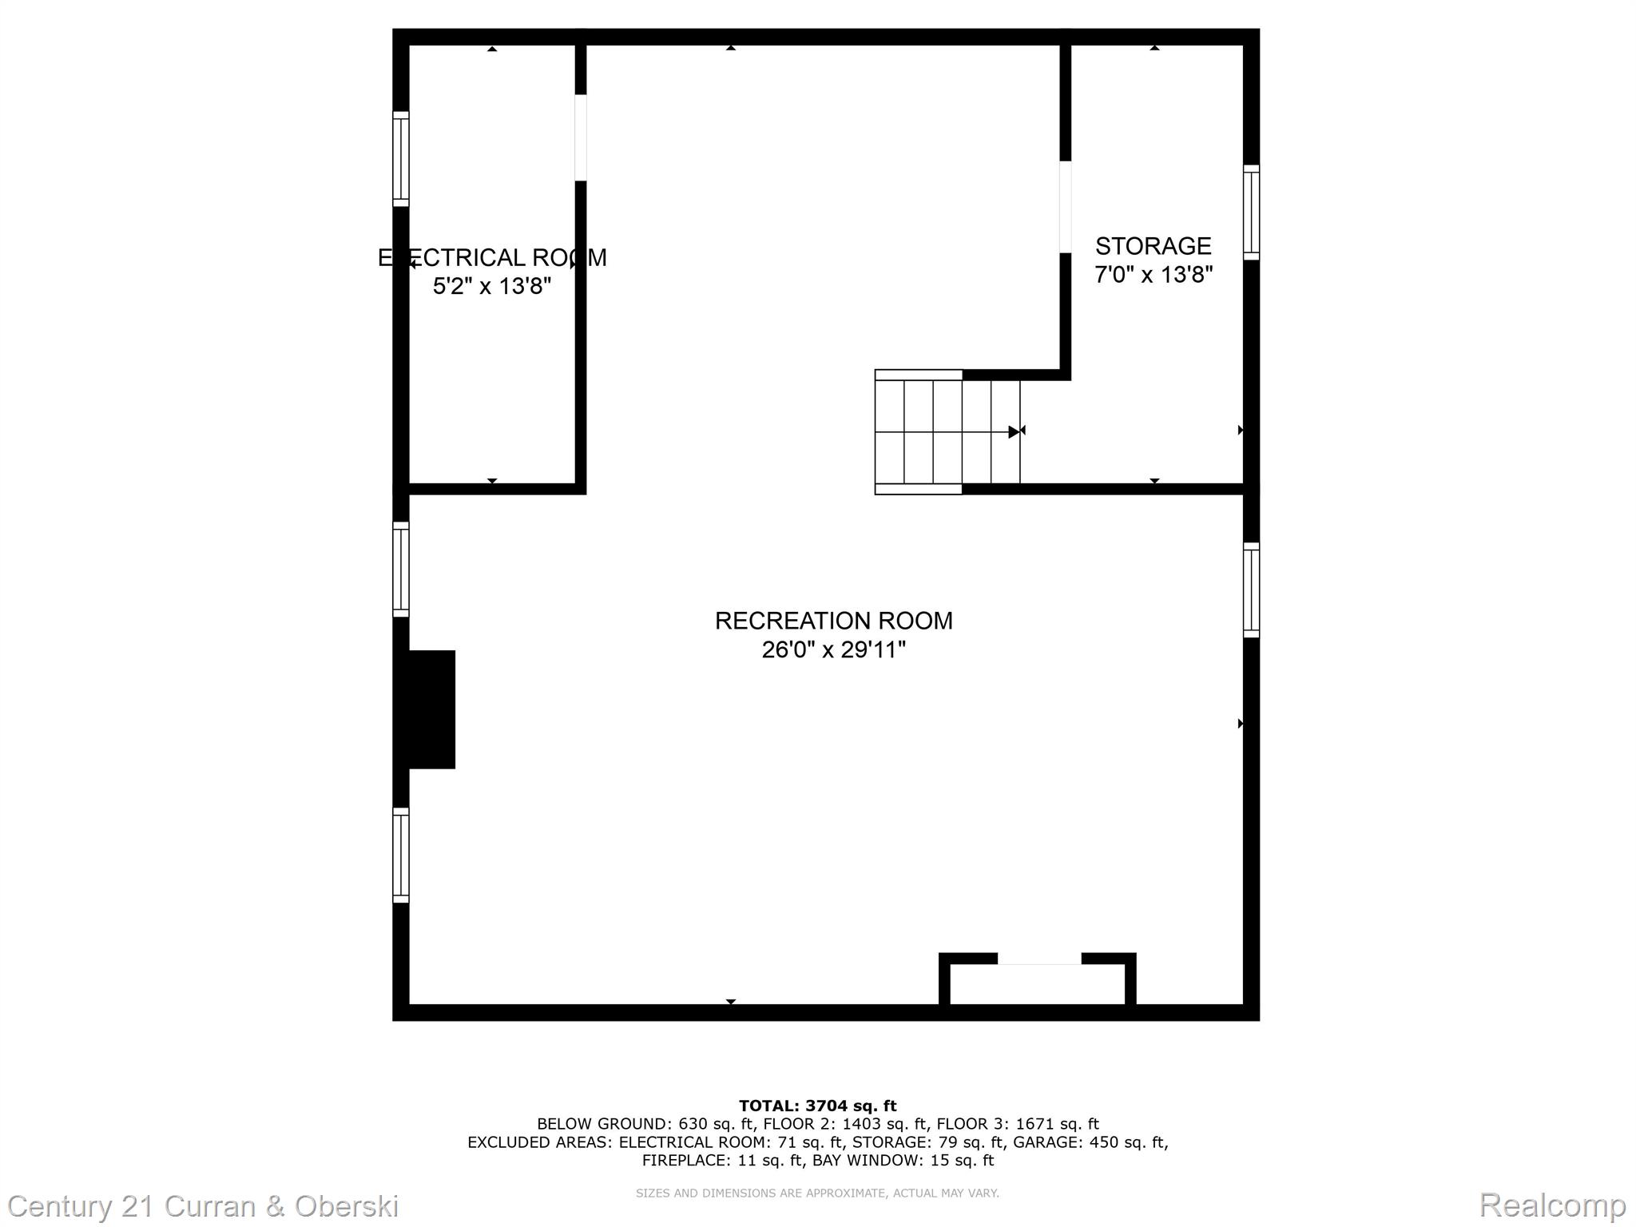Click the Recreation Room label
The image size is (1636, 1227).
click(833, 621)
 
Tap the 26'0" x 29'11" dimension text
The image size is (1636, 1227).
click(833, 649)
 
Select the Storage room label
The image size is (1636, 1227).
click(1153, 245)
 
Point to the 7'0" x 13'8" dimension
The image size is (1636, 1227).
click(1153, 275)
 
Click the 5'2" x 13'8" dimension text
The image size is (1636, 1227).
click(492, 286)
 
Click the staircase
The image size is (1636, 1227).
click(947, 431)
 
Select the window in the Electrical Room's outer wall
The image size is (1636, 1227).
click(401, 159)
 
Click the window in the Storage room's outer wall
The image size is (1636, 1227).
click(1251, 212)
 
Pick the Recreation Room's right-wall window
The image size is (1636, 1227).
click(1251, 590)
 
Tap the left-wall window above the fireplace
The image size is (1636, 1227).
click(401, 570)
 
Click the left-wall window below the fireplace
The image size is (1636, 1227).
click(401, 856)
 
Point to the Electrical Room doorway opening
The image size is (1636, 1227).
click(581, 137)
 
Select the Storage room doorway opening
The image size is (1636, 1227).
click(1065, 207)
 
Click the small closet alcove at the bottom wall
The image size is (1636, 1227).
click(1037, 981)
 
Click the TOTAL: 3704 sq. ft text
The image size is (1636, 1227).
click(817, 1106)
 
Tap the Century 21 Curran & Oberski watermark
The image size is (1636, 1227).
click(204, 1206)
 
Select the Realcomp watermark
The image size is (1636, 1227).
click(1553, 1205)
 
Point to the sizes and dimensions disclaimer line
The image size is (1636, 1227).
click(817, 1193)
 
